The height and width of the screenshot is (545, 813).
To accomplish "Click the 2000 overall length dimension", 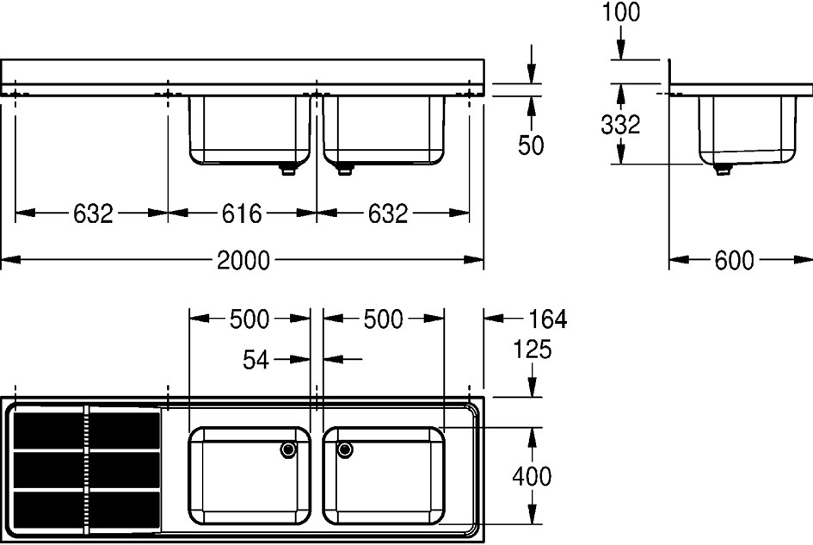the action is coord(243,260).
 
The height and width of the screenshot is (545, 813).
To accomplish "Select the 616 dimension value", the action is coord(242,214).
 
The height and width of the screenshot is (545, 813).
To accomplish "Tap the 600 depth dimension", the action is coord(734,260).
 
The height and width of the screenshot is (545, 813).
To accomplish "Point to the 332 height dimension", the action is coord(620,125).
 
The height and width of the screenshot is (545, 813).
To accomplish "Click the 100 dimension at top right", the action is coord(621,12).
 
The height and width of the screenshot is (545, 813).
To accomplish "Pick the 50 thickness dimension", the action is coord(531,146).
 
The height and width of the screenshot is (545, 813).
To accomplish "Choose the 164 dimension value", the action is coord(547,319).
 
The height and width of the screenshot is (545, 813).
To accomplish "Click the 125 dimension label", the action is coord(532,350).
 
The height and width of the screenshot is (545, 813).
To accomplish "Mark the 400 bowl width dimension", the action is coord(532,476).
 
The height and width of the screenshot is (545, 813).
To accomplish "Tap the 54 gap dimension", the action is coord(256,359).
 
